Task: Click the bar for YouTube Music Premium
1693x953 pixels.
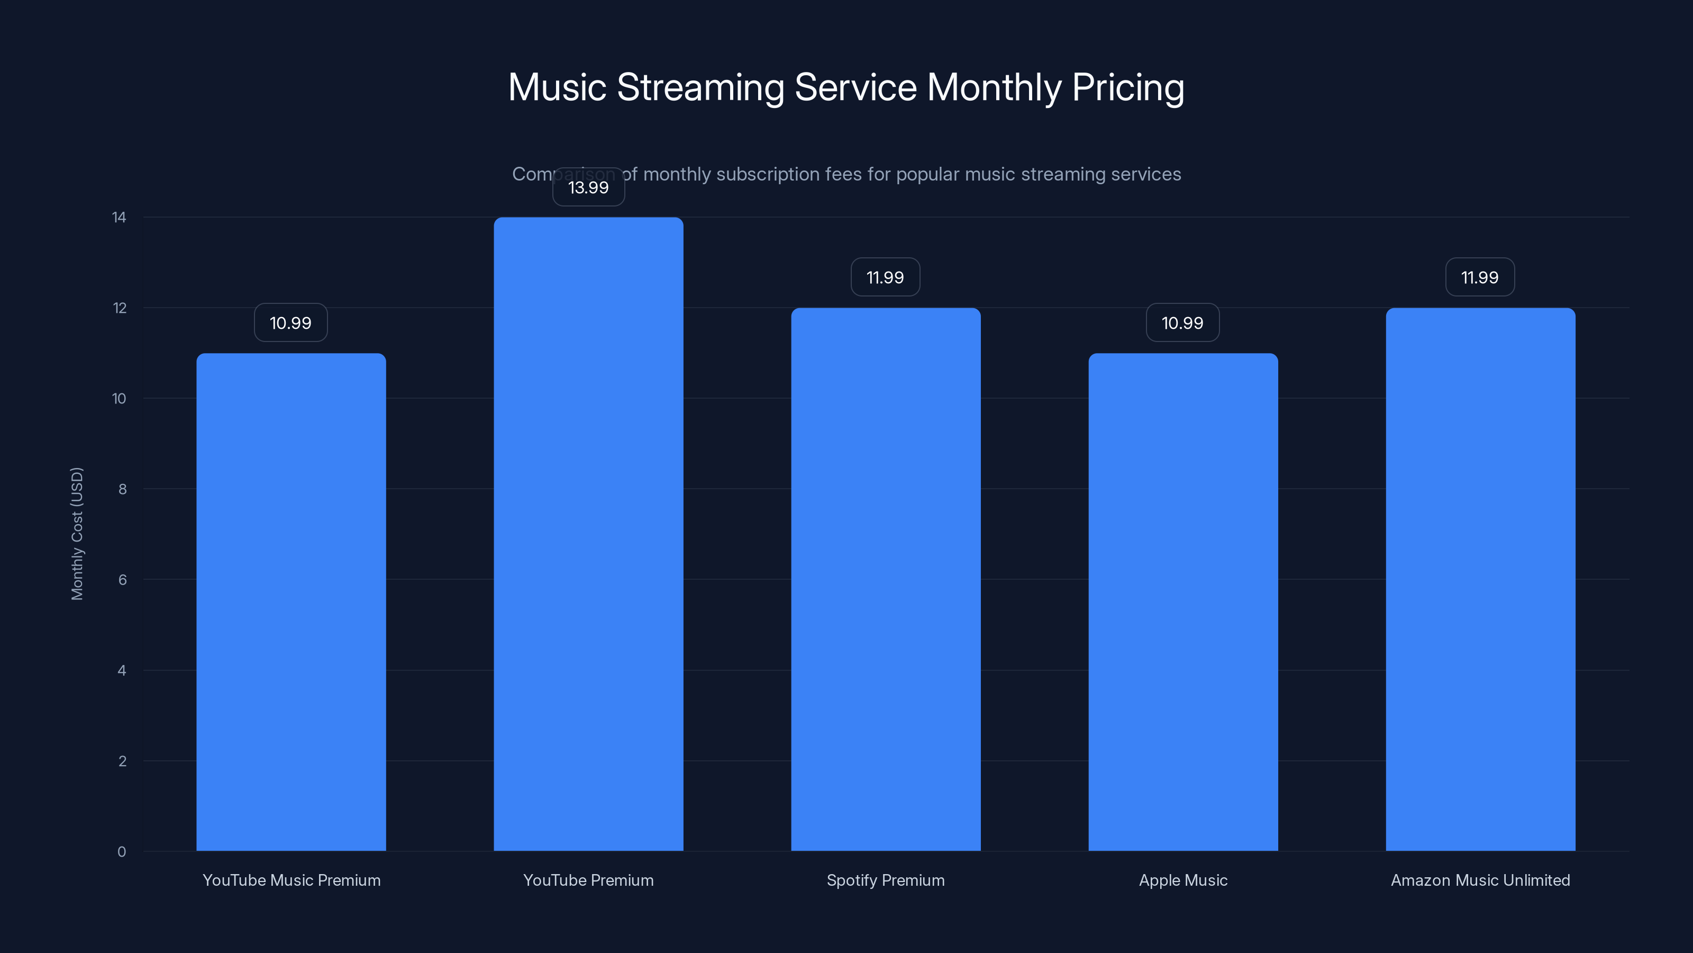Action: [x=291, y=602]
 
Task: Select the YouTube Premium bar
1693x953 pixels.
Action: [x=588, y=534]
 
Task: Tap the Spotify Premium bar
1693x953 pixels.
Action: [x=885, y=579]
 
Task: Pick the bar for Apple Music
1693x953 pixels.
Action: [x=1183, y=602]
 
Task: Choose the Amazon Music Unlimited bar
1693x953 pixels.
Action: [x=1480, y=579]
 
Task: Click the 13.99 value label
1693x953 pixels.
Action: [x=588, y=187]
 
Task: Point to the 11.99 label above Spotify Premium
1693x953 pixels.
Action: [x=885, y=277]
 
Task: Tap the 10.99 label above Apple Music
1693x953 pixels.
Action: [x=1182, y=323]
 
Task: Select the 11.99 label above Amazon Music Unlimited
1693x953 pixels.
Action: [x=1479, y=277]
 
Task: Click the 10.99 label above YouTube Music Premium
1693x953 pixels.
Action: [x=290, y=323]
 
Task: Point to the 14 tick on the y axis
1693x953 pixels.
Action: [x=119, y=218]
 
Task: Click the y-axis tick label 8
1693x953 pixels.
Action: [x=122, y=489]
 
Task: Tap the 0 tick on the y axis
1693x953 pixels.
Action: [x=122, y=852]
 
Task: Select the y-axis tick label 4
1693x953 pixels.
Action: [x=122, y=671]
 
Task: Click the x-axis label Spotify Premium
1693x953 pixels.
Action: [x=885, y=880]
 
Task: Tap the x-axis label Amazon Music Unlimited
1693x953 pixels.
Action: [x=1480, y=880]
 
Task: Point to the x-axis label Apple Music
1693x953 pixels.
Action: [x=1183, y=880]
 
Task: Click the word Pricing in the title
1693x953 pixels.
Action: [x=1128, y=87]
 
